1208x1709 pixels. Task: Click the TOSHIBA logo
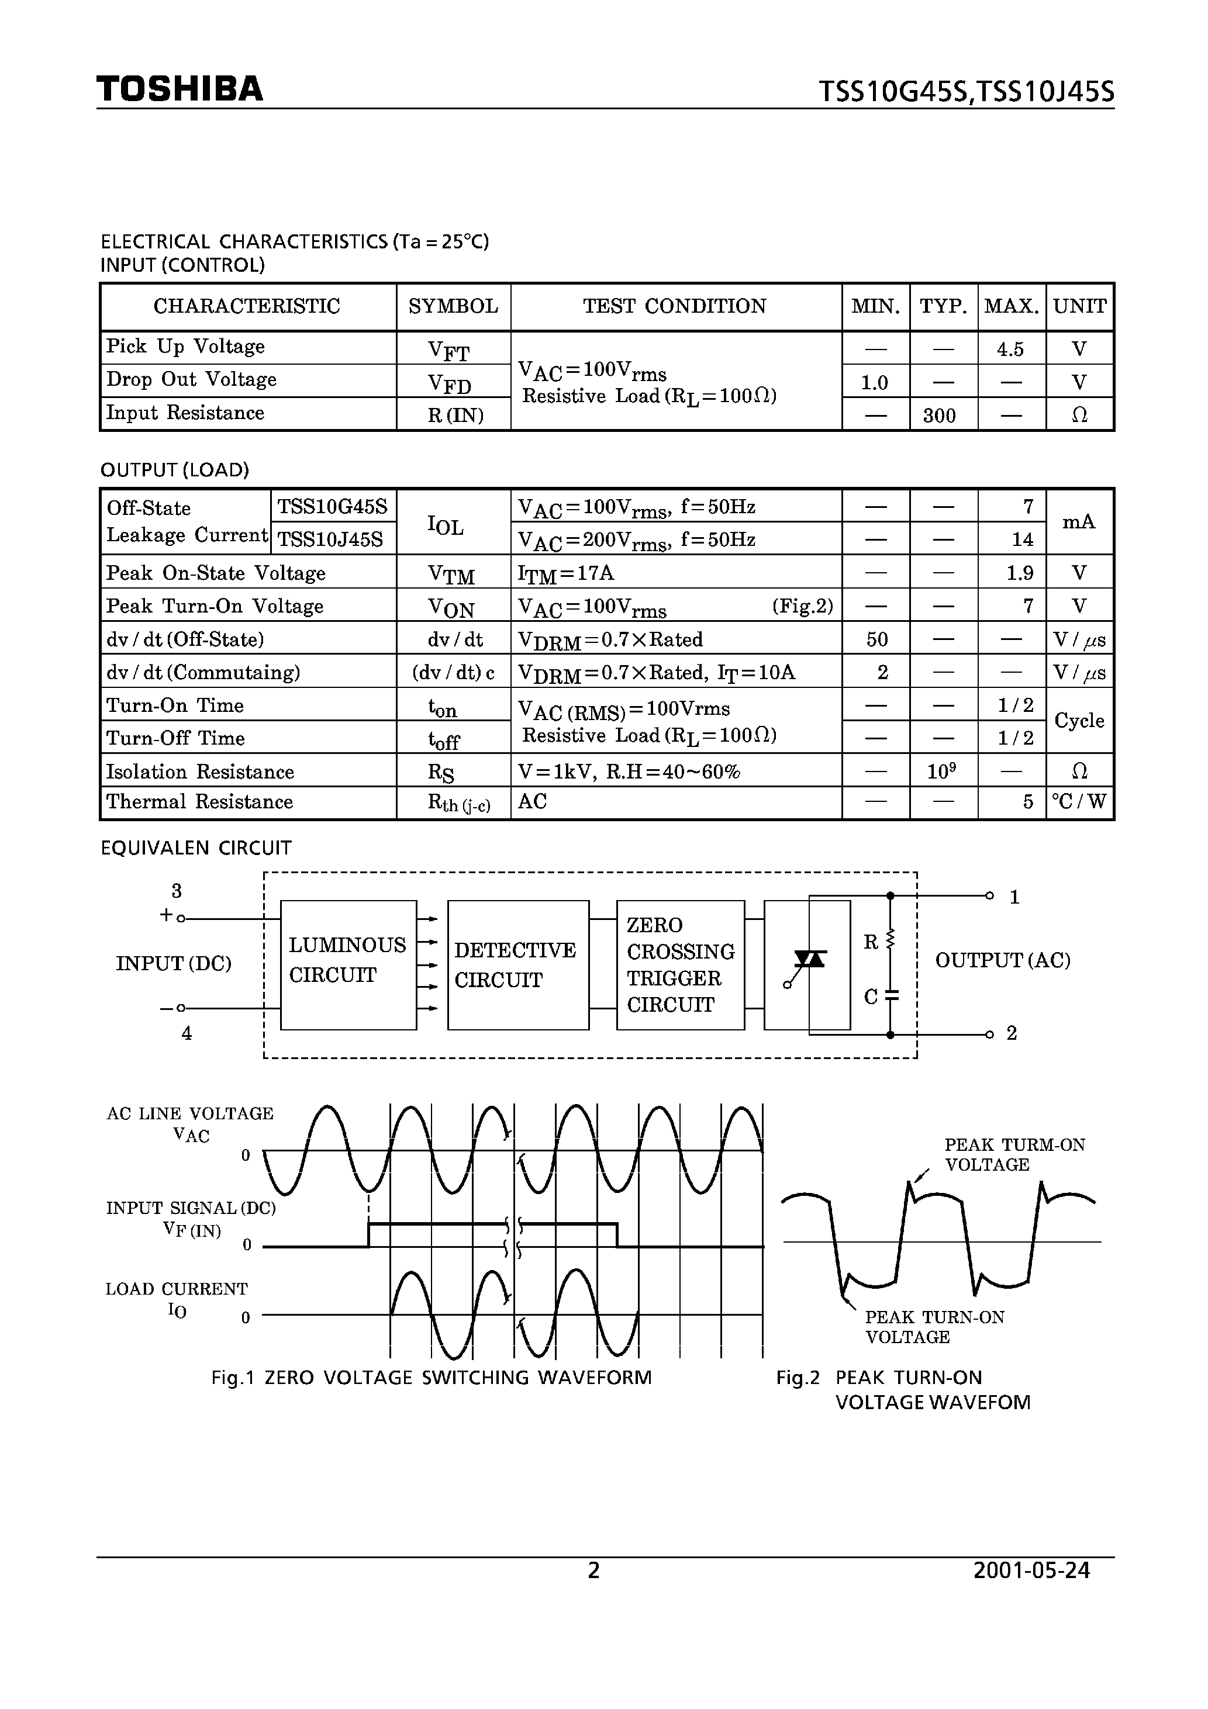pyautogui.click(x=180, y=89)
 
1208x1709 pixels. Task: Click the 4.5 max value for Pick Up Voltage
pyautogui.click(x=1010, y=349)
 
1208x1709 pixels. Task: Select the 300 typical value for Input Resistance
pyautogui.click(x=939, y=416)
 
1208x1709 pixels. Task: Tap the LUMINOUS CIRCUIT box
pyautogui.click(x=348, y=964)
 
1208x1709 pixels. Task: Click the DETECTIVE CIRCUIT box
pyautogui.click(x=517, y=964)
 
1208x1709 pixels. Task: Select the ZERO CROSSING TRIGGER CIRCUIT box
pyautogui.click(x=680, y=964)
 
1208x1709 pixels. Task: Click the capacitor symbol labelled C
pyautogui.click(x=891, y=995)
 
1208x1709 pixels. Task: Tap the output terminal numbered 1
pyautogui.click(x=990, y=895)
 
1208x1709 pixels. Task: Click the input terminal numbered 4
pyautogui.click(x=181, y=1009)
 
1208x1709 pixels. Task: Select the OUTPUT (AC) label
pyautogui.click(x=1002, y=960)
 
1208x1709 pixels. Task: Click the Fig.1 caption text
pyautogui.click(x=431, y=1378)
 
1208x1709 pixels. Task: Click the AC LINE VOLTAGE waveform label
pyautogui.click(x=190, y=1113)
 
